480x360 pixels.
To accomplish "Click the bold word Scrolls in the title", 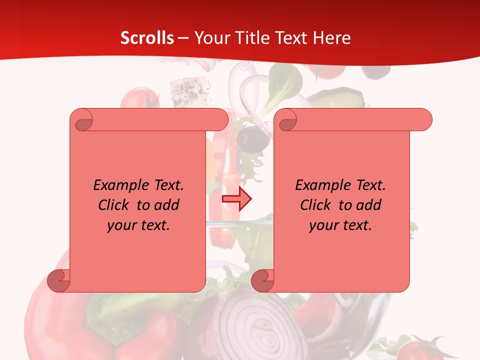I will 147,38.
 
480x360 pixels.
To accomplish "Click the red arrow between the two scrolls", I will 236,199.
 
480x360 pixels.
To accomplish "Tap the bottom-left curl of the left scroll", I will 59,280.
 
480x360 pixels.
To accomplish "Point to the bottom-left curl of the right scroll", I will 262,280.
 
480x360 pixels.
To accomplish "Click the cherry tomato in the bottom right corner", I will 418,348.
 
